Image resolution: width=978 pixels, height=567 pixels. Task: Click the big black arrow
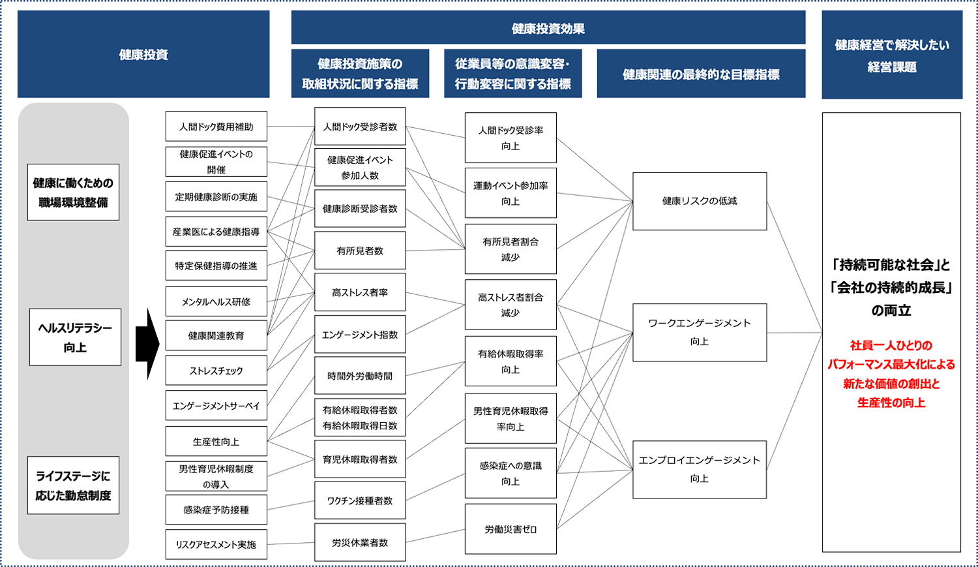147,344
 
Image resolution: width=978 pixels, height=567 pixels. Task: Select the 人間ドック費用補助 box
216,126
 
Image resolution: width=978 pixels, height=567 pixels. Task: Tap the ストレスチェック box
216,371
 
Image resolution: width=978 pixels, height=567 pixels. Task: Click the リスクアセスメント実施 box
216,544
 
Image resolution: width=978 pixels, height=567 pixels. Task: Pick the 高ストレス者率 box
360,292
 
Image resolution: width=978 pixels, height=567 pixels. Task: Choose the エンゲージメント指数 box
360,334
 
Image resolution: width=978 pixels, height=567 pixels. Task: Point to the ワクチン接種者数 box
360,500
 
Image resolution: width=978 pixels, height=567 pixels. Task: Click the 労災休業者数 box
360,542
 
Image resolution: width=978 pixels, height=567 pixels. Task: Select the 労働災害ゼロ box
511,529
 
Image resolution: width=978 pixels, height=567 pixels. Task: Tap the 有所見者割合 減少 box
511,249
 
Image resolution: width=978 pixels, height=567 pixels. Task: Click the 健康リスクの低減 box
700,201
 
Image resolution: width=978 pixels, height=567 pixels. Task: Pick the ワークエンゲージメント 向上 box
700,332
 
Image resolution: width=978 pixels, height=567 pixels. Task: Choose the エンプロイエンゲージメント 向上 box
700,470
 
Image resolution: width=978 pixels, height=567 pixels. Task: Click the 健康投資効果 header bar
548,27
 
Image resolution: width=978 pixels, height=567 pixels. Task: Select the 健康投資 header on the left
143,54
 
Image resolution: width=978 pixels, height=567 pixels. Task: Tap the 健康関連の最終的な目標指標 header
701,73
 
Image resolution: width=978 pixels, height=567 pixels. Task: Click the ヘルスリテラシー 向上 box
75,337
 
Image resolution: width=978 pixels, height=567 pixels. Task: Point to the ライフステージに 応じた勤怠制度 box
73,485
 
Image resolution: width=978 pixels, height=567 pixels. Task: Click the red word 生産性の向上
891,403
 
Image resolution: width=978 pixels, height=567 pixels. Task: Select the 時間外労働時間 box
360,376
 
